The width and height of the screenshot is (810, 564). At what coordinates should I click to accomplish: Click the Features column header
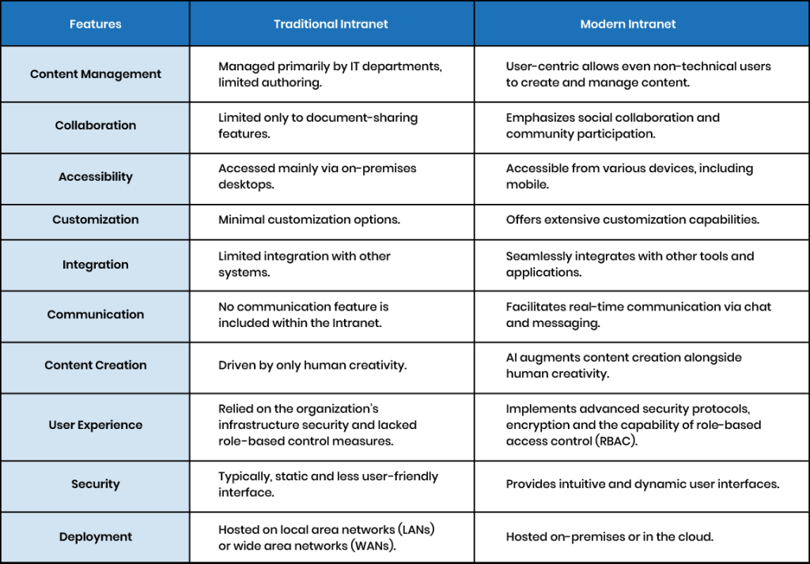(96, 24)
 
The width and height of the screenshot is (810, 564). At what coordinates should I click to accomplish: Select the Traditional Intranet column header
(331, 24)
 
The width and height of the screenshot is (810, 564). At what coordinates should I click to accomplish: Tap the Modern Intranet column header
(627, 24)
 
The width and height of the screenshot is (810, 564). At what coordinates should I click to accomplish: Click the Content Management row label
(96, 74)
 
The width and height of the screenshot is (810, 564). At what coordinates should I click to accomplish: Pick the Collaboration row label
(96, 126)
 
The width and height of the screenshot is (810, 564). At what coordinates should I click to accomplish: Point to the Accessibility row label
(96, 176)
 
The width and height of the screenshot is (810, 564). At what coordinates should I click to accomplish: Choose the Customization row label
(96, 220)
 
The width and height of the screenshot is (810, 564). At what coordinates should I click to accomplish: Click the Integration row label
(96, 265)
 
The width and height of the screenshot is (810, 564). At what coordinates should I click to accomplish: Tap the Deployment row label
(96, 536)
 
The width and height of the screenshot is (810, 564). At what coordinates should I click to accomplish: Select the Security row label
(96, 484)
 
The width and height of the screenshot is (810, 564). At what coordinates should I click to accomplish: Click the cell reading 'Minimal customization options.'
(309, 220)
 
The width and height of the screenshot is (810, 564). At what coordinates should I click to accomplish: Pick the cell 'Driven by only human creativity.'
(312, 365)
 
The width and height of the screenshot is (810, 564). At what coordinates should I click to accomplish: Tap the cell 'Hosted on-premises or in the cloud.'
(610, 536)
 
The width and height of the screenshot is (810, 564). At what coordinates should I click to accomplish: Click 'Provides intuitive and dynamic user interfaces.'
(642, 484)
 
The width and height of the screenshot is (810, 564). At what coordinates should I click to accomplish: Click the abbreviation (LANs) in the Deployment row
(416, 529)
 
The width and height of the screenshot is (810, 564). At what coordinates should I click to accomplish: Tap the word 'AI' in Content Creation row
(512, 357)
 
